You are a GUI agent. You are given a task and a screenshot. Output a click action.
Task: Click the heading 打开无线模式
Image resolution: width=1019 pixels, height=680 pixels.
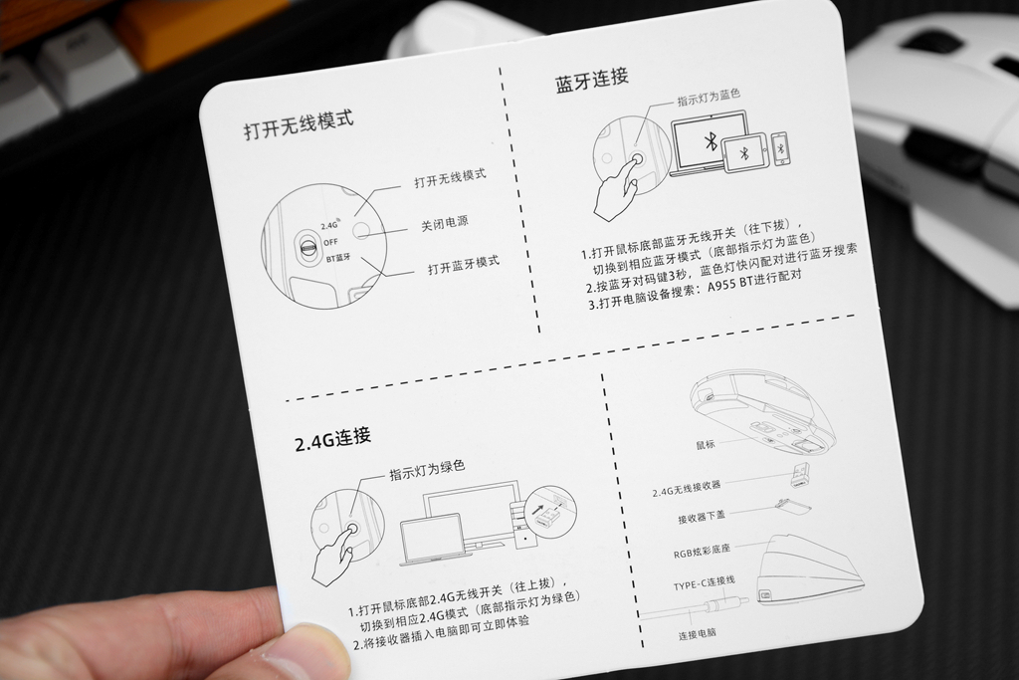click(299, 128)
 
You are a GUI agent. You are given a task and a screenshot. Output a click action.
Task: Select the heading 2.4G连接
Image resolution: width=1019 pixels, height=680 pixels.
click(332, 438)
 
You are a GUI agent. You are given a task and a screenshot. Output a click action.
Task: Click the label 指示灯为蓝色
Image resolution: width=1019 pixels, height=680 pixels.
click(709, 99)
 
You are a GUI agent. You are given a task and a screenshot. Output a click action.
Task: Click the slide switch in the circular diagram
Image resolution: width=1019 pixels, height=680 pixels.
click(307, 243)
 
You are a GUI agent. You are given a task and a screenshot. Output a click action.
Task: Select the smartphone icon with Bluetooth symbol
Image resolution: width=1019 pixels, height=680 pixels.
click(781, 148)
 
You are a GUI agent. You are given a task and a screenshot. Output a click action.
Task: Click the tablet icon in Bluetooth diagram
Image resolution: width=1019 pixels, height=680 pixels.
click(745, 152)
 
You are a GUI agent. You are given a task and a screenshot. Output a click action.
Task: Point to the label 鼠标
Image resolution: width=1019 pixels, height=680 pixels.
click(705, 444)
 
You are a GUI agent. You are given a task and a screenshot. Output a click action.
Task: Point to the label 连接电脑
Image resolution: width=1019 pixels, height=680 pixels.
click(697, 633)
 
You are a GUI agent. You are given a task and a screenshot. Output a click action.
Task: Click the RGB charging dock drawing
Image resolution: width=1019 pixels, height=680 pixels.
click(807, 572)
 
